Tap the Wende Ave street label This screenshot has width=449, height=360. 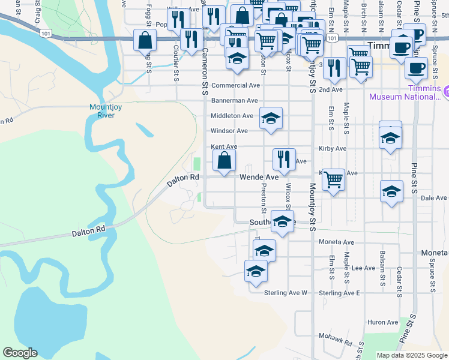[259, 178]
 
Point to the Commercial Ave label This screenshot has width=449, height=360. [235, 86]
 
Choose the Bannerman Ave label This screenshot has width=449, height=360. [234, 101]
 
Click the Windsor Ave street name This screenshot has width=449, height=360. [229, 131]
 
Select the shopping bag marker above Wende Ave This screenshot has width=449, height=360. [224, 161]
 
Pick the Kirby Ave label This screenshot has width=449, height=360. [333, 148]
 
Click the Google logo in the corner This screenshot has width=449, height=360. [20, 353]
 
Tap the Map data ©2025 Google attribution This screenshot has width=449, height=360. [411, 355]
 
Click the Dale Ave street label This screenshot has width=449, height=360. [434, 197]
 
